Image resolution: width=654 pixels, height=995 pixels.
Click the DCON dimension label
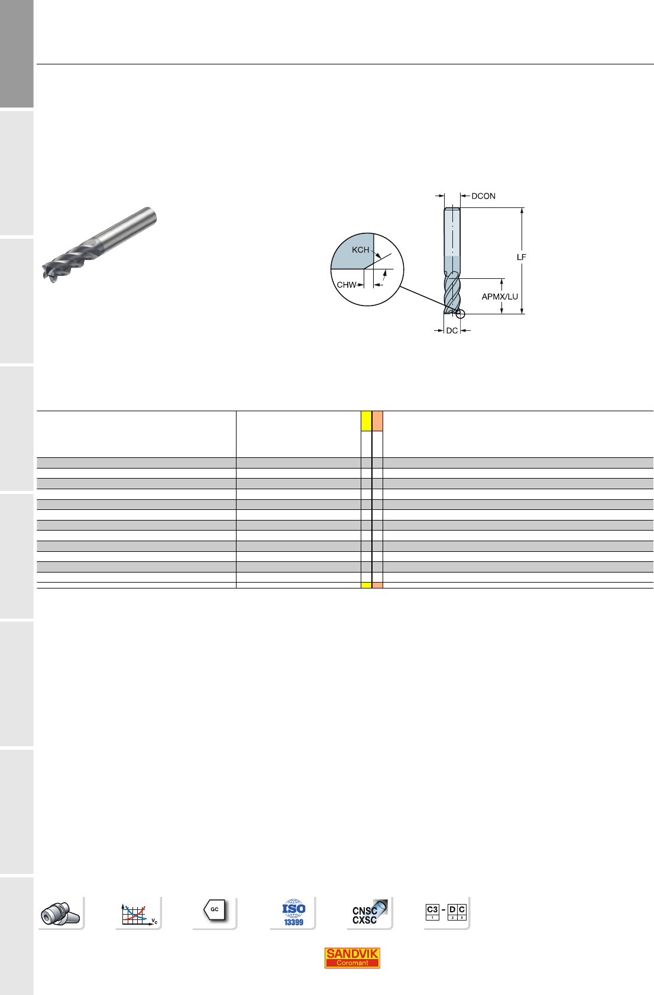pos(483,196)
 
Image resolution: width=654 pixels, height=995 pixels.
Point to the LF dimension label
pos(521,257)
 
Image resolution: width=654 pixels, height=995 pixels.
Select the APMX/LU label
pos(500,297)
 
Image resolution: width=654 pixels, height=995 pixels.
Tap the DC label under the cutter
pos(452,330)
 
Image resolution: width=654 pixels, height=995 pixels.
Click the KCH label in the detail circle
pos(361,250)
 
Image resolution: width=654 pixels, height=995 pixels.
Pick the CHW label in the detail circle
pos(347,285)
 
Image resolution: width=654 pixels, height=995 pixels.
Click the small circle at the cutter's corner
pos(461,314)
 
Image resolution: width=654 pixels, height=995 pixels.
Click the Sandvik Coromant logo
pos(352,958)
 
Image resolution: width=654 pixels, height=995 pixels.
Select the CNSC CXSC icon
pos(369,912)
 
